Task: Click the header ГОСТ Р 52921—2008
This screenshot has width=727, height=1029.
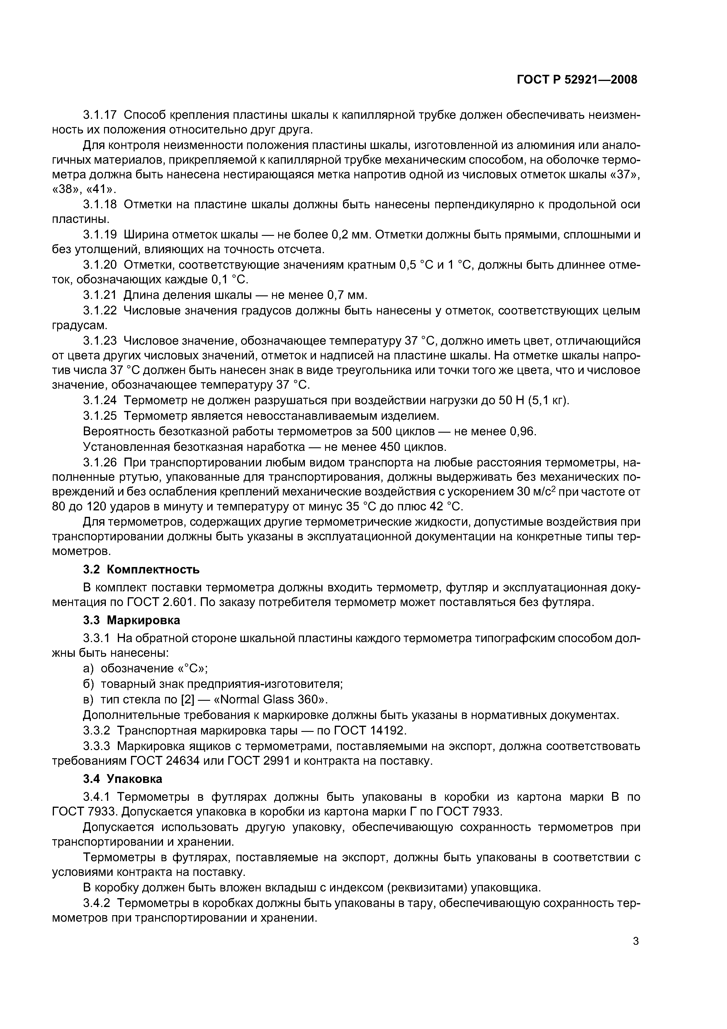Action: (577, 80)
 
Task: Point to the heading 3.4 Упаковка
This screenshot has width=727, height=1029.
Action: (123, 779)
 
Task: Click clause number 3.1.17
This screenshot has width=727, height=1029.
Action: (100, 115)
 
